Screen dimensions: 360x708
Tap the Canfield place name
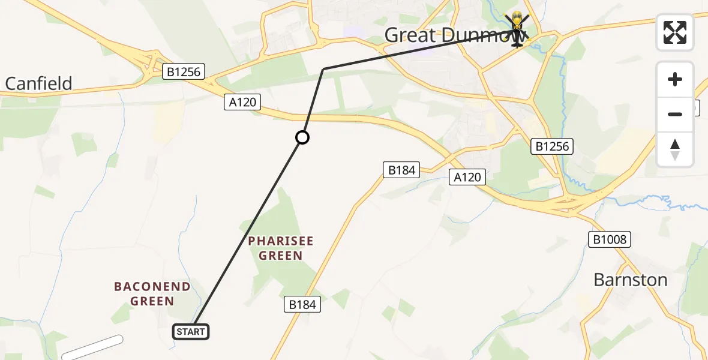tap(38, 83)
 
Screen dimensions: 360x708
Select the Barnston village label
tap(630, 280)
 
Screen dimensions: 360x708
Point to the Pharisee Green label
tap(281, 248)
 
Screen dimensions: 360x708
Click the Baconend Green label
tap(152, 294)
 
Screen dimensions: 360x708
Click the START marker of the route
tap(191, 331)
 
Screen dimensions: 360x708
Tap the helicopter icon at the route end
tap(517, 29)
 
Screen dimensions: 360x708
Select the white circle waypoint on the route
tap(302, 138)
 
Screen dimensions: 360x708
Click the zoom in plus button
tap(675, 79)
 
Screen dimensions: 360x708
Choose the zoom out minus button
tap(675, 114)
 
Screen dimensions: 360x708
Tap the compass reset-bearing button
tap(675, 149)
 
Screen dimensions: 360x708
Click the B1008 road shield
tap(609, 240)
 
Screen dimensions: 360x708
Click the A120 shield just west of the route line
tap(242, 102)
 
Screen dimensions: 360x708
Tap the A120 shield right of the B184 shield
tap(467, 176)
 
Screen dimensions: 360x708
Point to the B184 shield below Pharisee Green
tap(302, 304)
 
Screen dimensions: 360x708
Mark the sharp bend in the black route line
tap(323, 69)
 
